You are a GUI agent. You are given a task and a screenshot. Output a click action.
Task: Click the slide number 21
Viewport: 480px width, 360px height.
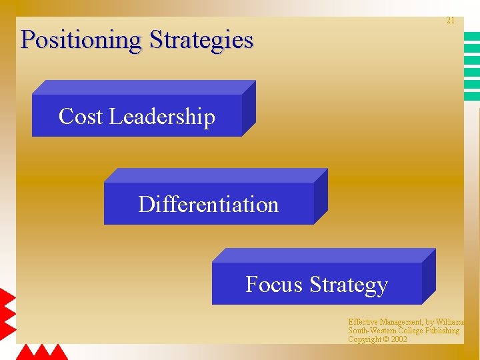click(x=450, y=21)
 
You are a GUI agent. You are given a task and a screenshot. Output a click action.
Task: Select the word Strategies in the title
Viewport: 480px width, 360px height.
click(x=201, y=40)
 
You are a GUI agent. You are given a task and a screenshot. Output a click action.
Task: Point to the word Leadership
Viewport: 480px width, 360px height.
click(x=162, y=117)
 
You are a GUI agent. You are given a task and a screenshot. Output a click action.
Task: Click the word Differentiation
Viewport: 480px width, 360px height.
click(x=208, y=204)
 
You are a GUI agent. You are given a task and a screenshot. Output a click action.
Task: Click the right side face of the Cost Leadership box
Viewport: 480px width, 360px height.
click(x=249, y=109)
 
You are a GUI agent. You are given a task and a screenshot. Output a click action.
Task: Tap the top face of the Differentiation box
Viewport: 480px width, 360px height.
click(x=215, y=175)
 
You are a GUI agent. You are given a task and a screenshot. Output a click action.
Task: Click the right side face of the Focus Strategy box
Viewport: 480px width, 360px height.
click(x=429, y=277)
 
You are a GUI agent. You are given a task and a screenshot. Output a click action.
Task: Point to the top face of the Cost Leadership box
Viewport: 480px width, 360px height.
click(x=143, y=87)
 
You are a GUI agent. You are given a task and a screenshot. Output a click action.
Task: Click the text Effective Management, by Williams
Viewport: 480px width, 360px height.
click(x=406, y=322)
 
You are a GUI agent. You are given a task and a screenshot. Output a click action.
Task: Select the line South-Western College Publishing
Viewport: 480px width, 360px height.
click(x=403, y=331)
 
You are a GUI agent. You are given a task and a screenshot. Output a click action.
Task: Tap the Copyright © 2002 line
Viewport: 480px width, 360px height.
click(x=377, y=339)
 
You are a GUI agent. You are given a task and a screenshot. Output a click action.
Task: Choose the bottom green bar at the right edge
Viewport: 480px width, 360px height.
click(x=472, y=97)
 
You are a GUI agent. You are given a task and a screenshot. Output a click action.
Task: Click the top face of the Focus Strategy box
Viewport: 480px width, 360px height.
click(x=323, y=255)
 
